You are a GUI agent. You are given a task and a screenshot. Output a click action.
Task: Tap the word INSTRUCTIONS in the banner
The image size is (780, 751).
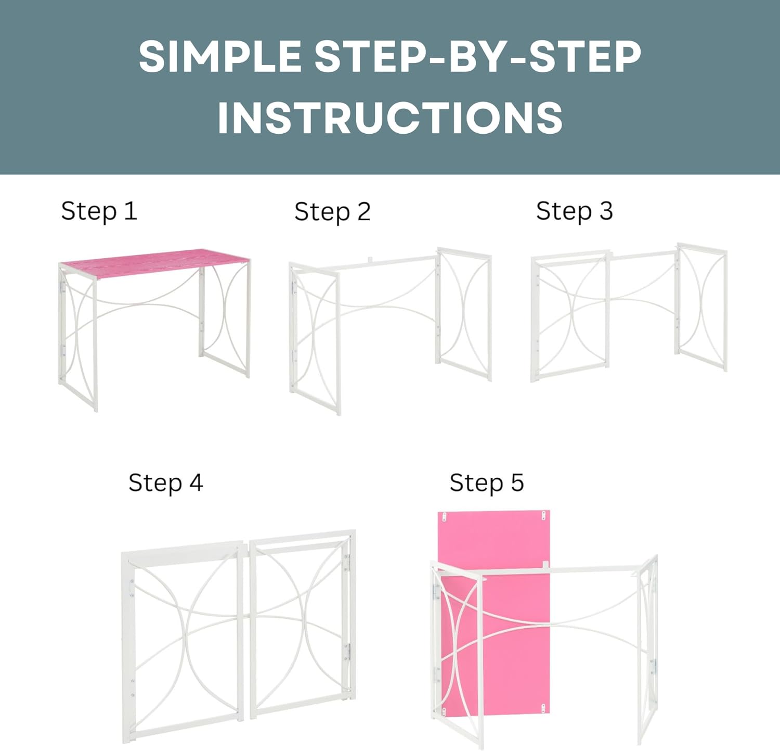390,118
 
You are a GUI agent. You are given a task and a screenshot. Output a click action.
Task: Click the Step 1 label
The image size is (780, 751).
99,211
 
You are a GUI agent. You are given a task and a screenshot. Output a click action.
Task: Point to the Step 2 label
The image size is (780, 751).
332,212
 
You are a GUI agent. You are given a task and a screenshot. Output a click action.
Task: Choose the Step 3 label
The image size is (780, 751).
574,211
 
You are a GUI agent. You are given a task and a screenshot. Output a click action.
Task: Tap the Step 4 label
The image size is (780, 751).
165,483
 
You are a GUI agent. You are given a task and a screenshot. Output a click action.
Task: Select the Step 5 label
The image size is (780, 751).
486,483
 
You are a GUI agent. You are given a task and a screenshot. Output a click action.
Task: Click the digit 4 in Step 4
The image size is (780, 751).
196,483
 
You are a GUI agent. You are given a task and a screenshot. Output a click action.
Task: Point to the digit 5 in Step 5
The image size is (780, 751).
517,483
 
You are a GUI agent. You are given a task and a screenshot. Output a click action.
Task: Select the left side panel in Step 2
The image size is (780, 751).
315,338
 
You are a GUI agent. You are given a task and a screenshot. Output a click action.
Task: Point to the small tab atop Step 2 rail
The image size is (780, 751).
369,259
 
